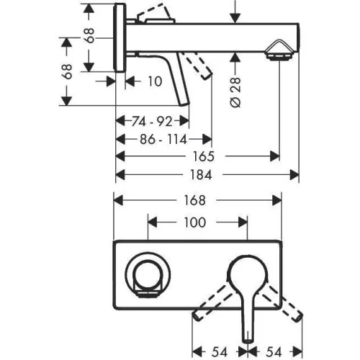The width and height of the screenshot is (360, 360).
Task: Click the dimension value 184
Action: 201,175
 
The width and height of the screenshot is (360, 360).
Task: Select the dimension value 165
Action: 204,156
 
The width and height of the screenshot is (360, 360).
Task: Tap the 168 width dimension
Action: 194,200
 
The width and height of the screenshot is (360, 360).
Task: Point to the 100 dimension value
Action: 195,222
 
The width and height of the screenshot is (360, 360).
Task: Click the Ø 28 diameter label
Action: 235,92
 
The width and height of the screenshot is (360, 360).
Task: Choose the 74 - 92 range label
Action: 152,121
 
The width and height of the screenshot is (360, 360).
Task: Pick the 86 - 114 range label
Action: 163,139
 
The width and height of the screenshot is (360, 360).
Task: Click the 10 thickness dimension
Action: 155,81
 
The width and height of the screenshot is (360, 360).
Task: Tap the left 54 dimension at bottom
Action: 220,352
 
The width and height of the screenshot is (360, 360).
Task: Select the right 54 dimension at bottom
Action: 274,352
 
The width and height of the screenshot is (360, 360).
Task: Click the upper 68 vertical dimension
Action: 89,35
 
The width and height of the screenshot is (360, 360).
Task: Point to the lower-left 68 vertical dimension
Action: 67,71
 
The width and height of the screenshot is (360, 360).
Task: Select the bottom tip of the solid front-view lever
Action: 248,341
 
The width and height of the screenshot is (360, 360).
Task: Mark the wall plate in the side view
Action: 120,37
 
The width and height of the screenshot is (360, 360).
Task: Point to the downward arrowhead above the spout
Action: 235,18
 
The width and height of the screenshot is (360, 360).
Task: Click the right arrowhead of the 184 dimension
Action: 294,175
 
